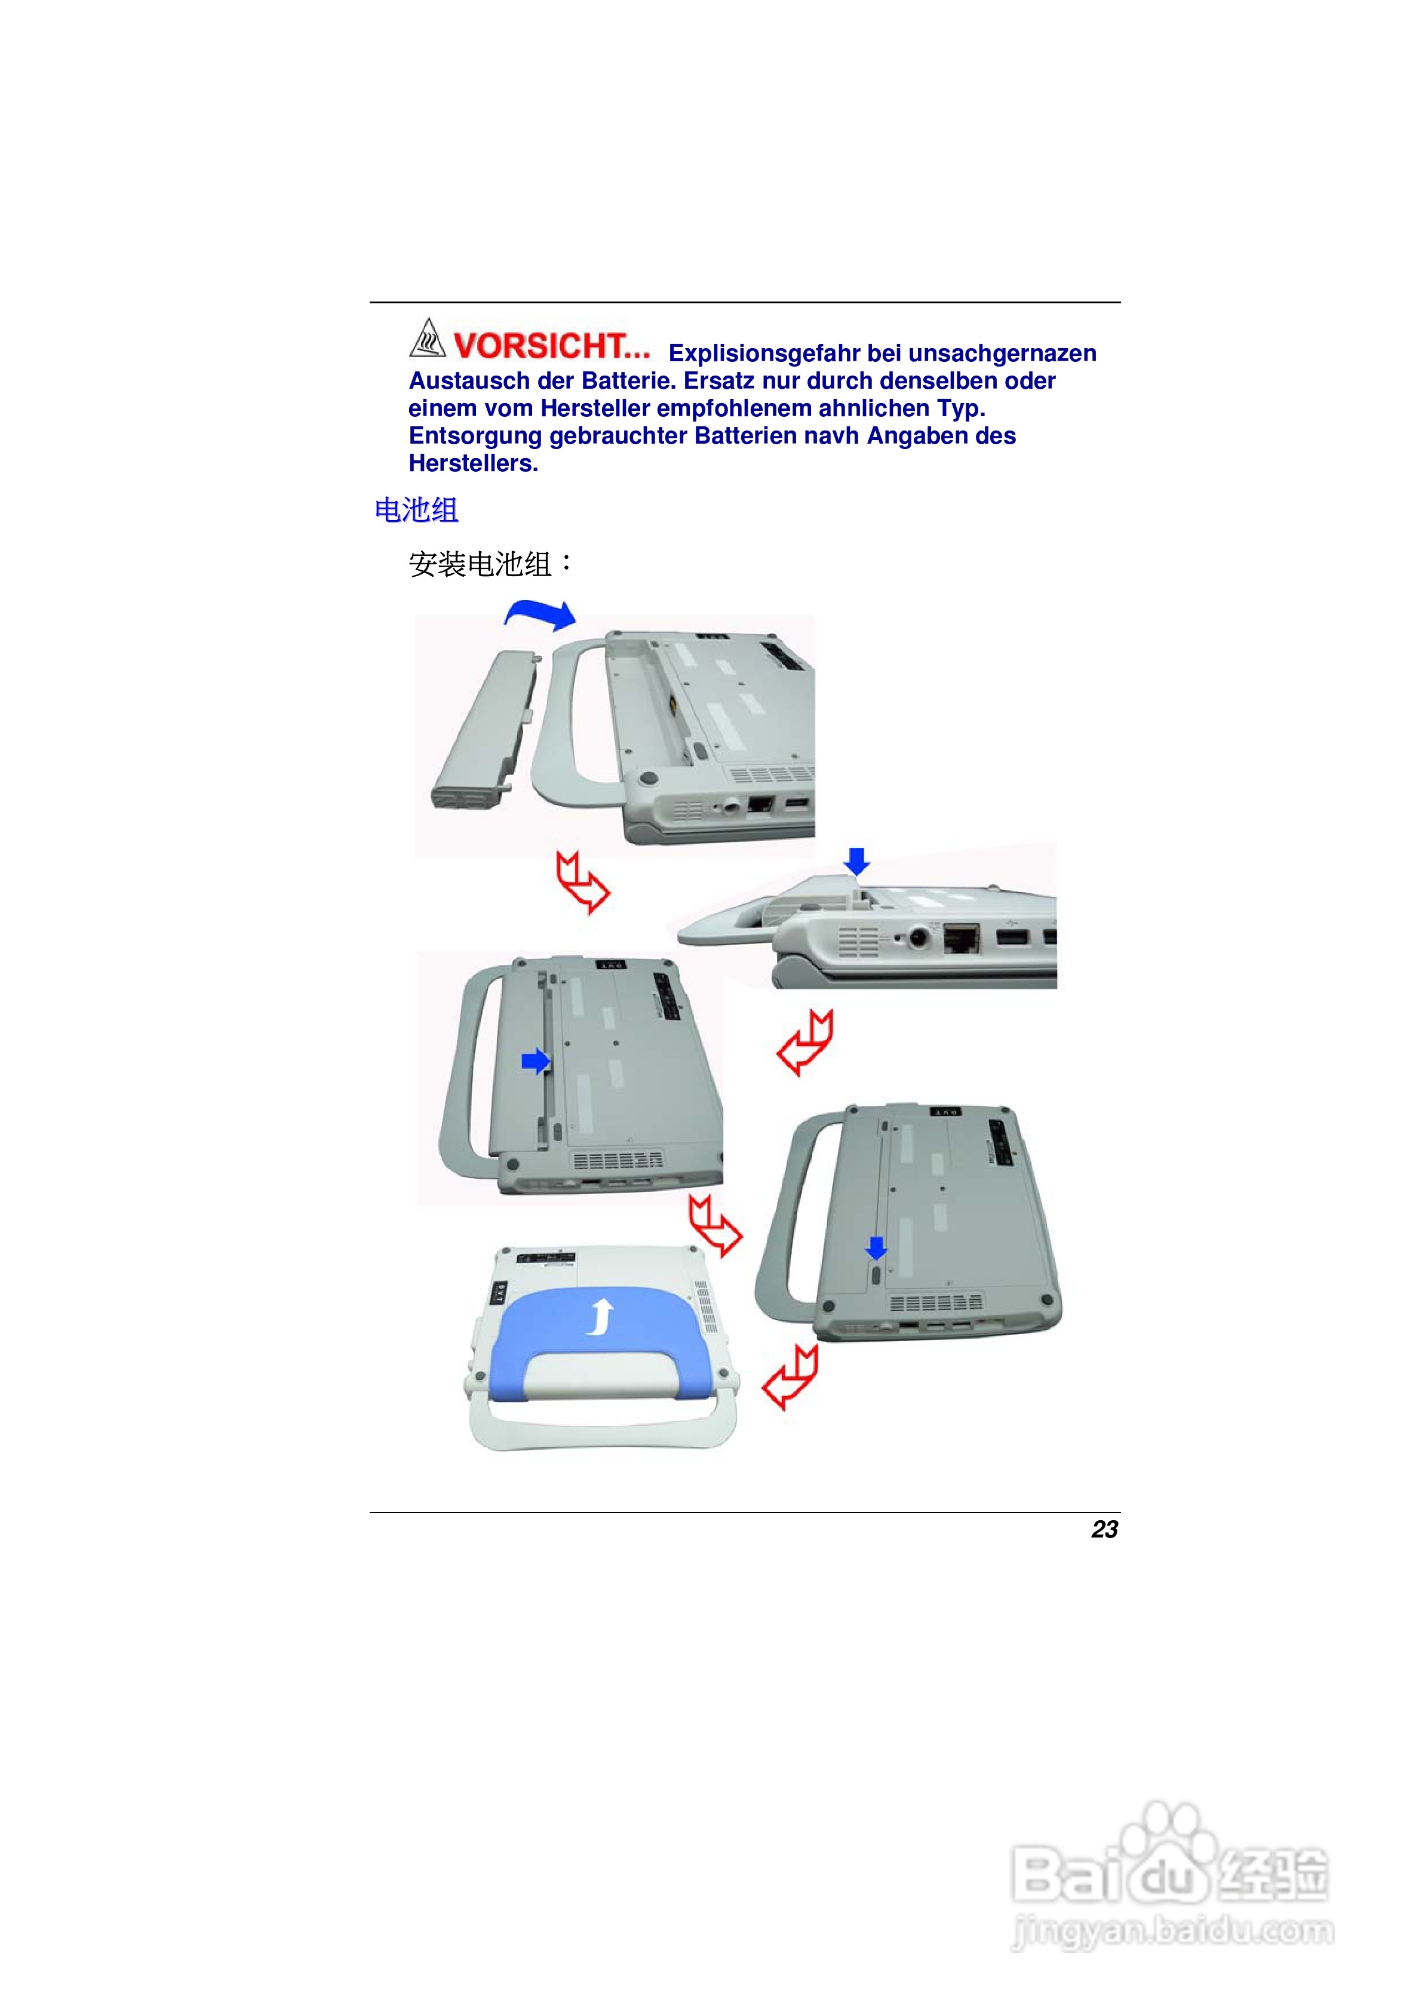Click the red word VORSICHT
[x=550, y=346]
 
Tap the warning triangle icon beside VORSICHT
[x=428, y=339]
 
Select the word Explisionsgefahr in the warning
[x=765, y=354]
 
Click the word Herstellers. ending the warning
[x=473, y=464]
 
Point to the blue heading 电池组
[x=416, y=510]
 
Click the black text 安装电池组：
[x=491, y=564]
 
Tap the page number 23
[x=1104, y=1529]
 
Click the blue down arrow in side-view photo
[x=857, y=861]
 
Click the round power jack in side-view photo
[x=918, y=938]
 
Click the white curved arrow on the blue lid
[x=600, y=1317]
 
